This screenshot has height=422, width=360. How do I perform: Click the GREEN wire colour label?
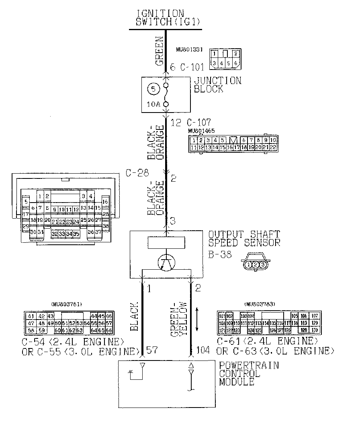[159, 51]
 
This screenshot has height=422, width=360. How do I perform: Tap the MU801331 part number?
[189, 50]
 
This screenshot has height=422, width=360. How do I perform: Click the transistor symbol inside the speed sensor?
[167, 264]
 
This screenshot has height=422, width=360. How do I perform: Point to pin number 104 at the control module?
[202, 350]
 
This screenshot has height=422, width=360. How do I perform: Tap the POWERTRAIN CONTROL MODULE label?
[249, 374]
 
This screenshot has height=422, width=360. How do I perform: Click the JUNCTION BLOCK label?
[218, 85]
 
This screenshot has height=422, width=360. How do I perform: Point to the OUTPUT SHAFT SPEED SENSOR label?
[244, 238]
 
